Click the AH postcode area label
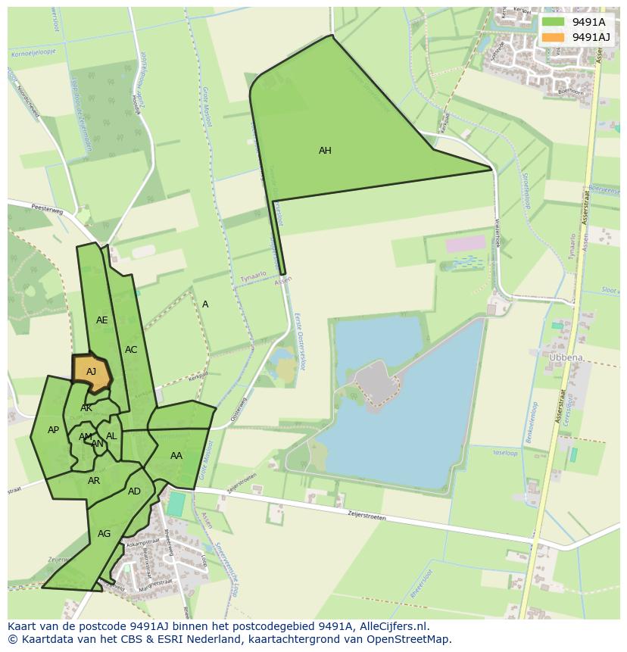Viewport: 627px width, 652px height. (325, 151)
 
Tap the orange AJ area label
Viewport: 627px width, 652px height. (92, 372)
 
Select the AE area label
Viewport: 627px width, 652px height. (102, 320)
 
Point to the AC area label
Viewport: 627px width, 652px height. (131, 350)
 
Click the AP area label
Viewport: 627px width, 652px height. (53, 430)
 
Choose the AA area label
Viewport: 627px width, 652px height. (176, 456)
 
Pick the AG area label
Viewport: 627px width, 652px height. (104, 534)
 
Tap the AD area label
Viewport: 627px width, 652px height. (134, 491)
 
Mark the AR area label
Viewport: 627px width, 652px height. (94, 481)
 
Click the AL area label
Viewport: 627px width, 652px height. (111, 436)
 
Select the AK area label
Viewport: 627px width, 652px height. (86, 408)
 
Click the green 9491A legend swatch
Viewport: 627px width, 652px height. (554, 21)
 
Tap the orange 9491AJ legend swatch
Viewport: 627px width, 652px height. (554, 37)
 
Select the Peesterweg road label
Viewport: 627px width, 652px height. (46, 207)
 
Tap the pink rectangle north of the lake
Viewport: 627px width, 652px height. (465, 244)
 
